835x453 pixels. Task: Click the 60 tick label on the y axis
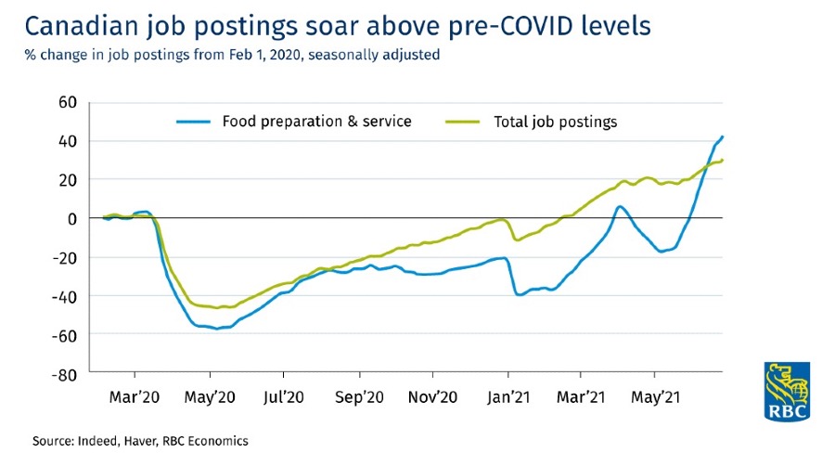click(64, 101)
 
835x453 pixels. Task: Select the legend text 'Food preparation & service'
click(315, 122)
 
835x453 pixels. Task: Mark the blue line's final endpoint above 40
click(723, 136)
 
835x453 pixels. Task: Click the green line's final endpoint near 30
click(723, 160)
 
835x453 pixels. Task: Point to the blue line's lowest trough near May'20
click(217, 329)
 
